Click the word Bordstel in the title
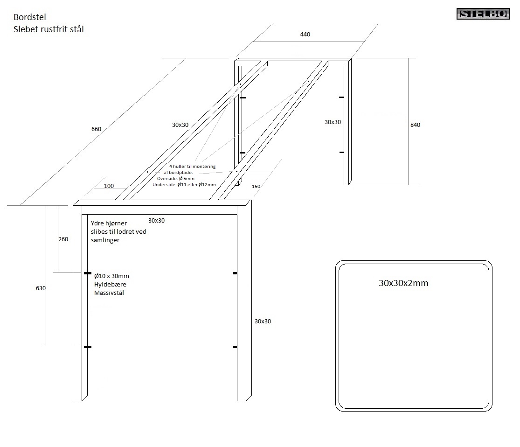click(30, 18)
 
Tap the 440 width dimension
click(305, 35)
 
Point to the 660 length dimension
click(96, 129)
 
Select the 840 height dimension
click(415, 125)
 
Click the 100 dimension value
click(109, 186)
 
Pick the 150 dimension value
click(256, 186)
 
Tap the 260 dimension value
click(63, 239)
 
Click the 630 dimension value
click(41, 288)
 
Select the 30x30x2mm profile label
click(403, 283)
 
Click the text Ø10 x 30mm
click(111, 275)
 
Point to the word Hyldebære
click(110, 284)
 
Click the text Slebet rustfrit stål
click(49, 29)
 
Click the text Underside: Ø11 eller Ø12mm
click(184, 185)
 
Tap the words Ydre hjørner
click(109, 223)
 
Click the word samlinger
click(105, 240)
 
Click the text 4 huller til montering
click(192, 167)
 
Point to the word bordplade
click(181, 173)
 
